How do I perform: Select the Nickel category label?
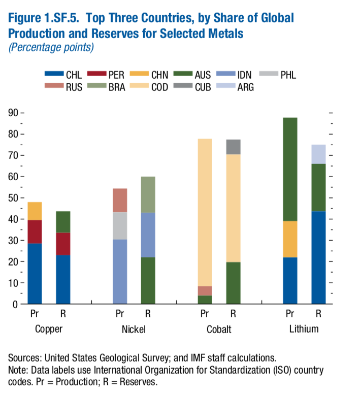click(x=134, y=329)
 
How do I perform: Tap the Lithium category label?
click(x=304, y=328)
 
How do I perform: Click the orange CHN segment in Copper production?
click(x=35, y=211)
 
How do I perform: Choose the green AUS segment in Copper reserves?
click(x=63, y=222)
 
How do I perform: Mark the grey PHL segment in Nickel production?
click(x=120, y=225)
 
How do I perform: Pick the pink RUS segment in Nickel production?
click(x=120, y=200)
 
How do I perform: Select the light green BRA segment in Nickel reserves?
click(x=148, y=194)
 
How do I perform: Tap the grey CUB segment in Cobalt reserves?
click(x=233, y=147)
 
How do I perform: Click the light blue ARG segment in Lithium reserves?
click(x=318, y=154)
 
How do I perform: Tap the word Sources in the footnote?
click(x=23, y=358)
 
